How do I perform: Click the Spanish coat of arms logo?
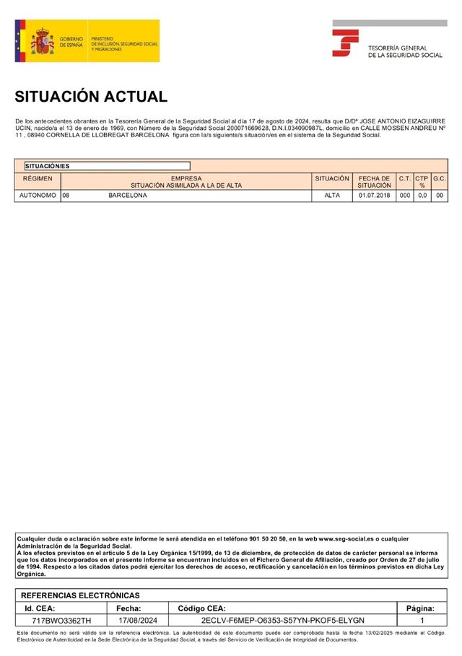pos(42,42)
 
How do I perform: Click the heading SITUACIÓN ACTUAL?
pos(91,97)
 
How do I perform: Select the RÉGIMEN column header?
pos(38,178)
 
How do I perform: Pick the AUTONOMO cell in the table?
pos(38,196)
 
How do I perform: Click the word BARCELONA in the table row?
pos(128,196)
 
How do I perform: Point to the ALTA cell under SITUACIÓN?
pos(332,196)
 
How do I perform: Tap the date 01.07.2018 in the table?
pos(374,196)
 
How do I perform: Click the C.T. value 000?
pos(405,196)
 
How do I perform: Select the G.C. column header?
pos(440,178)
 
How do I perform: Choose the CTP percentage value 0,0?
pos(422,196)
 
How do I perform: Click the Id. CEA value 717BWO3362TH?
pos(62,621)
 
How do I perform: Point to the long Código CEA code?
pos(283,621)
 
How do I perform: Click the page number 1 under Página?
pos(422,621)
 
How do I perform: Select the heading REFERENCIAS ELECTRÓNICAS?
pos(80,595)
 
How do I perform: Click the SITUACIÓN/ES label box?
pos(108,166)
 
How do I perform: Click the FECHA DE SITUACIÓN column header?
pos(374,182)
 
